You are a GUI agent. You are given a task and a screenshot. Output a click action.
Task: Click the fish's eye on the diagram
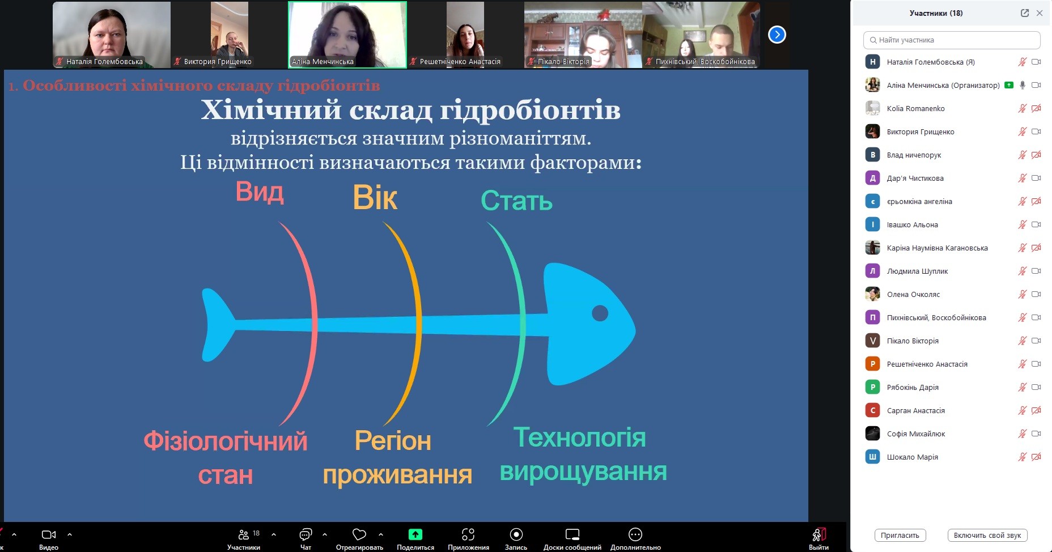(600, 313)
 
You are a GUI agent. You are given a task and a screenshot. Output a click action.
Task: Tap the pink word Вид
(260, 192)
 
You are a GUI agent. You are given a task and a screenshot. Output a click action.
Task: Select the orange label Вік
(375, 198)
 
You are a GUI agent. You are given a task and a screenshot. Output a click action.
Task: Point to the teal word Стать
(516, 201)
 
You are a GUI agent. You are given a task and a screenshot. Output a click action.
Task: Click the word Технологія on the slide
(579, 438)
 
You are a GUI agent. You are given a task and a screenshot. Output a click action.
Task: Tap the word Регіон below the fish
(393, 441)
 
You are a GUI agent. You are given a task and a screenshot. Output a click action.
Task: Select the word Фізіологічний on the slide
(226, 441)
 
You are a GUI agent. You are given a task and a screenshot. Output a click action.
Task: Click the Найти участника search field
(952, 40)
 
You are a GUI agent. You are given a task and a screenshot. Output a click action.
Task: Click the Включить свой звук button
(987, 535)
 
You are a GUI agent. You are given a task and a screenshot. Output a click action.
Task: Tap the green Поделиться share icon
(415, 534)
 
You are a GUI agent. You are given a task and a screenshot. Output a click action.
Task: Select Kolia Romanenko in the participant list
(915, 108)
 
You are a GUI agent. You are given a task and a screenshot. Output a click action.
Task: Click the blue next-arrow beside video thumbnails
(777, 35)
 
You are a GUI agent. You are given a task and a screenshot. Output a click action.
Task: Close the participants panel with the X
(1040, 13)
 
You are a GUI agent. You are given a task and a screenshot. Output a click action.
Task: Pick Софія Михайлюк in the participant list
(916, 434)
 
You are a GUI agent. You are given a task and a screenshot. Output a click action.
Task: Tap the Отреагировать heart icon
(359, 534)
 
